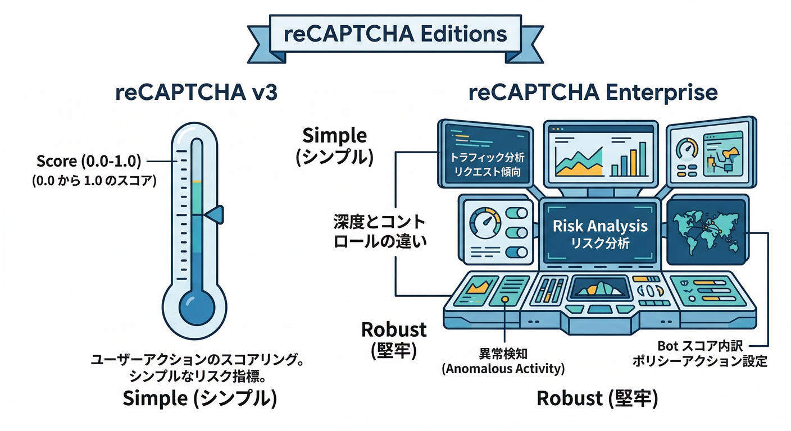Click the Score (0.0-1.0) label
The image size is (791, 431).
pyautogui.click(x=88, y=162)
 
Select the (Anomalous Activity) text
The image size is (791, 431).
pyautogui.click(x=503, y=369)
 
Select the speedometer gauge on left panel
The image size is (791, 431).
pyautogui.click(x=484, y=224)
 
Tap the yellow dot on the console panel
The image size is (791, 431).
pyautogui.click(x=505, y=300)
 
